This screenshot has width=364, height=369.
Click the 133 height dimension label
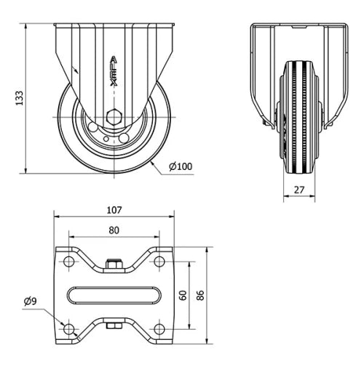20,98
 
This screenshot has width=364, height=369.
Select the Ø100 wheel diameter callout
181,166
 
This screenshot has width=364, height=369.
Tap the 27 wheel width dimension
299,190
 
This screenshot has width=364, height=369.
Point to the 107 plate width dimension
114,210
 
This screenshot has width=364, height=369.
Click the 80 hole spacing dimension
114,230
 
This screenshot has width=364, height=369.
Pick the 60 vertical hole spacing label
183,295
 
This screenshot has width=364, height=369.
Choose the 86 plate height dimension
200,295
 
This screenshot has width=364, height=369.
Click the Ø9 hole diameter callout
30,301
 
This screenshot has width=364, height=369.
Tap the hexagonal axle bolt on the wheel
114,117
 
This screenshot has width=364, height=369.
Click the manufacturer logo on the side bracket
114,71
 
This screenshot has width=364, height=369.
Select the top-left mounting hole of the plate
69,261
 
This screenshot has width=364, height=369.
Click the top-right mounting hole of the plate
159,261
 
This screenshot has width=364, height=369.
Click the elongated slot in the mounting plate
114,295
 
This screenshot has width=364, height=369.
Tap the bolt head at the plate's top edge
114,264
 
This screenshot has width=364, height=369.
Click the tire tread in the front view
299,117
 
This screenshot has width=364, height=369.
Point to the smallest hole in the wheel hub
106,139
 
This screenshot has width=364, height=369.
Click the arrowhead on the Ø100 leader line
152,163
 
